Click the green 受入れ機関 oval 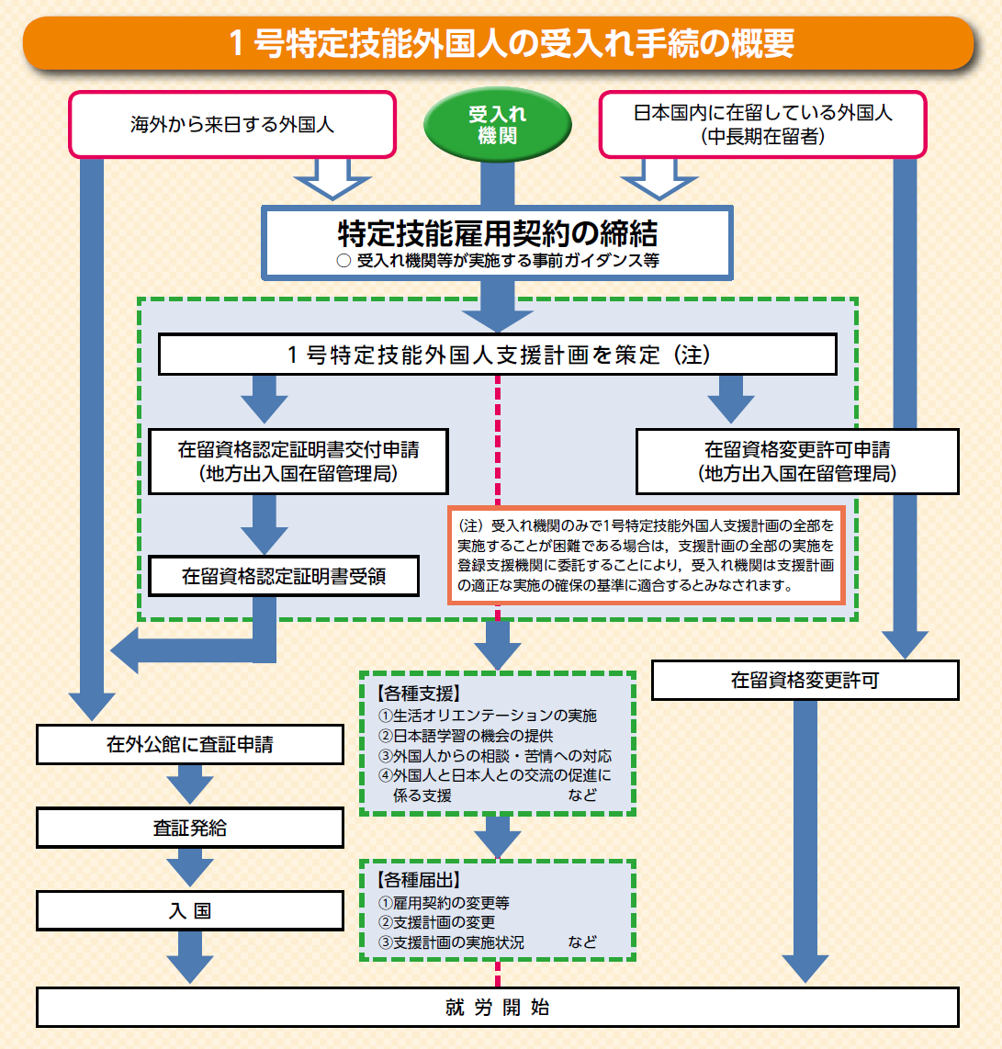pyautogui.click(x=497, y=125)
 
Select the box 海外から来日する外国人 pyautogui.click(x=232, y=124)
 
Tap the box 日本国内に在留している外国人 pyautogui.click(x=762, y=124)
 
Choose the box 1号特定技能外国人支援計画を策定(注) pyautogui.click(x=498, y=355)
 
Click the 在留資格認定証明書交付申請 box pyautogui.click(x=298, y=461)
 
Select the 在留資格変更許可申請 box pyautogui.click(x=797, y=461)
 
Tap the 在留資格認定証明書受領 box pyautogui.click(x=286, y=576)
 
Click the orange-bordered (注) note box pyautogui.click(x=646, y=554)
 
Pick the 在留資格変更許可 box pyautogui.click(x=805, y=681)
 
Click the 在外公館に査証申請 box pyautogui.click(x=190, y=744)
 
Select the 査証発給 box pyautogui.click(x=190, y=828)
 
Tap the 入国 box pyautogui.click(x=190, y=910)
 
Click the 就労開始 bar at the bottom pyautogui.click(x=498, y=1007)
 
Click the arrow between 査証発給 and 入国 pyautogui.click(x=190, y=868)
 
